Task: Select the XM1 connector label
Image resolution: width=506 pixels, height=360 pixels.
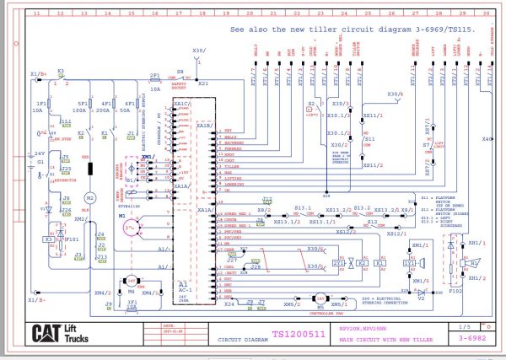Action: click(x=146, y=158)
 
